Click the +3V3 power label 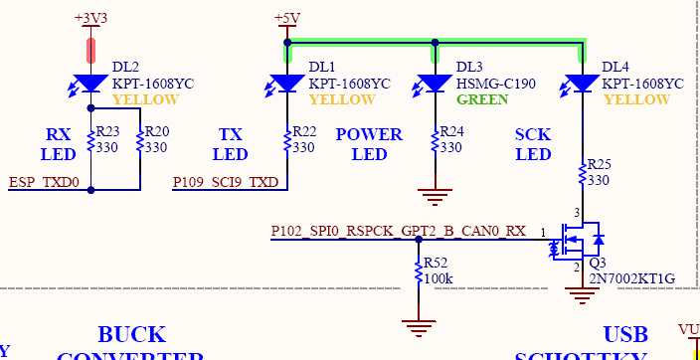coord(91,18)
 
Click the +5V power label coord(286,18)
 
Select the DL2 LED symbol coord(91,84)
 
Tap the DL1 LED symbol coord(287,84)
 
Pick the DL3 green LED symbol coord(435,84)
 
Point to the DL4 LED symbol coord(581,84)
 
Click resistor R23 coord(91,142)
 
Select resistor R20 coord(140,142)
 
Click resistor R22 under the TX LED coord(287,142)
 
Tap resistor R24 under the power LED coord(435,142)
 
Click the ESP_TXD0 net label coord(44,182)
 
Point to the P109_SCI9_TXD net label coord(226,182)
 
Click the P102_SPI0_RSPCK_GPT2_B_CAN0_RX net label coord(398,232)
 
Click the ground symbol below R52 coord(419,325)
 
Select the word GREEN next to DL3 coord(482,99)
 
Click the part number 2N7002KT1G coord(632,279)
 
